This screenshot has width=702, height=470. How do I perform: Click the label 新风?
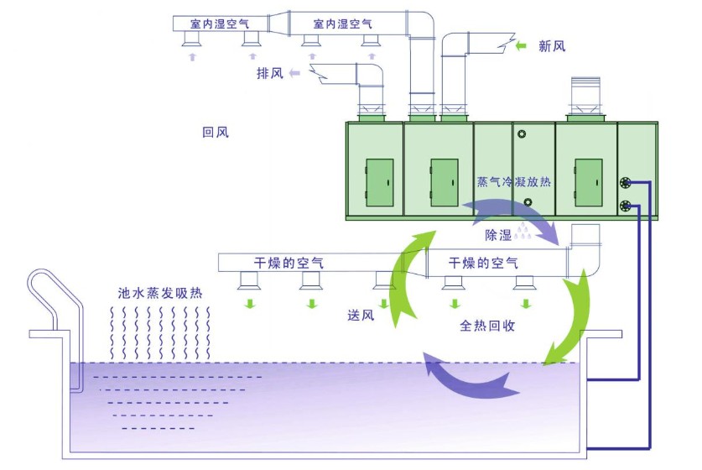coord(552,46)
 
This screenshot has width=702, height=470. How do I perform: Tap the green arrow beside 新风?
coord(521,45)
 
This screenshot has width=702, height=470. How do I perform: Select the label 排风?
coord(270,73)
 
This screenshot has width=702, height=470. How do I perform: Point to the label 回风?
coord(216,132)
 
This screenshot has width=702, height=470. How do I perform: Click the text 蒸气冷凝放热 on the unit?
coord(513,181)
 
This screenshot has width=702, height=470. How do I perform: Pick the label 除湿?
coord(498,235)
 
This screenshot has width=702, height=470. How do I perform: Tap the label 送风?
coord(361,315)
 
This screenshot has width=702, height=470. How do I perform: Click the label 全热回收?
coord(487,326)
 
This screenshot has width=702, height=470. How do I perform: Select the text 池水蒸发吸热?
coord(160,293)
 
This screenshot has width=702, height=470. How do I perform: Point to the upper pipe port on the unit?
coord(626,182)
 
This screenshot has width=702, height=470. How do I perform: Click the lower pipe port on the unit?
coord(626,206)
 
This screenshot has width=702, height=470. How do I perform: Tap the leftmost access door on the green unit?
coord(380,182)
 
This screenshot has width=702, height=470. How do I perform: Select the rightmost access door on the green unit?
coord(588,182)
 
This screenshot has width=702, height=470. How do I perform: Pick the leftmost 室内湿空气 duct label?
coord(220,23)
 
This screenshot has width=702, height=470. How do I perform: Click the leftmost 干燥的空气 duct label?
coord(289,263)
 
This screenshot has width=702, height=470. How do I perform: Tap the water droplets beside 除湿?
coord(523,232)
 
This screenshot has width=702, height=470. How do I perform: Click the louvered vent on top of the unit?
coord(585,95)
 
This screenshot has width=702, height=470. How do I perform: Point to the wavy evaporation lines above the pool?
coord(160,333)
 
